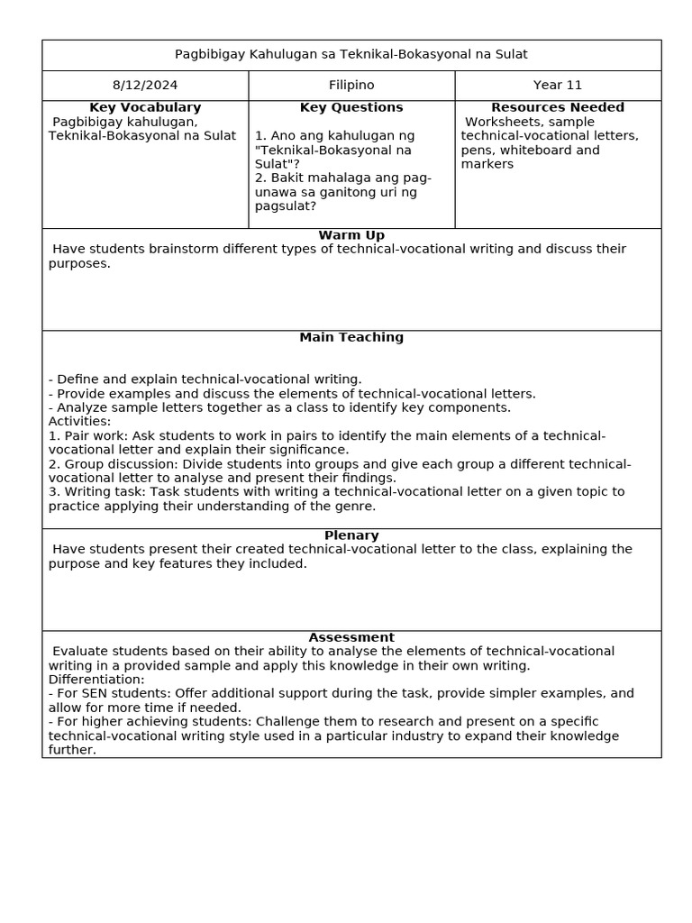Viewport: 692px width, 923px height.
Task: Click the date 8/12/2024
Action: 144,85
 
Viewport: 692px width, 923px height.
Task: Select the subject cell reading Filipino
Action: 351,85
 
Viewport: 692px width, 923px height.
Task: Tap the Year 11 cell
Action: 558,85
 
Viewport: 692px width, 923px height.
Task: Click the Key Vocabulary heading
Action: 144,107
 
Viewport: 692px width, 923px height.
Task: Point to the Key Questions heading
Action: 351,107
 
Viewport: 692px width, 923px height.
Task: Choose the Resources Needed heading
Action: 558,107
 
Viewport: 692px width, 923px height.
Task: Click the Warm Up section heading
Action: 351,235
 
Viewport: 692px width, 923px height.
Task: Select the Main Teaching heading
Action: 351,337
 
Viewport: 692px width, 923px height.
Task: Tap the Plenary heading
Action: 351,535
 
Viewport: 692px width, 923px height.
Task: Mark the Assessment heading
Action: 351,637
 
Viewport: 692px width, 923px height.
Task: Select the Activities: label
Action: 79,421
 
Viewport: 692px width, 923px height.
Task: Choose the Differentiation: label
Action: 96,680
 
